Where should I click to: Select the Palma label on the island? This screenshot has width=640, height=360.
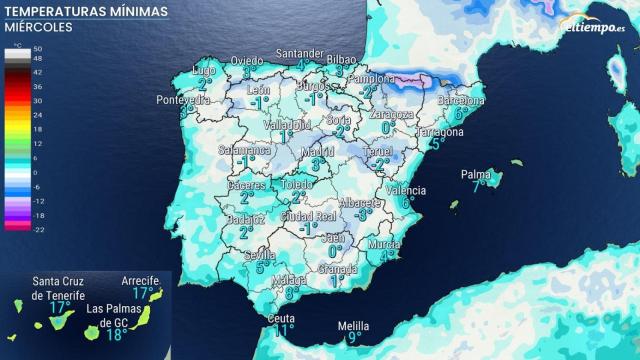click(475, 174)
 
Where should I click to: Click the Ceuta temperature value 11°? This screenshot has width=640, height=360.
click(284, 330)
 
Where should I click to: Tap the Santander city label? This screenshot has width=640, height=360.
click(300, 53)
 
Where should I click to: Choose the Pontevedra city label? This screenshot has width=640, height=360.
click(183, 100)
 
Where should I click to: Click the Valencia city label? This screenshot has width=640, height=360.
click(405, 190)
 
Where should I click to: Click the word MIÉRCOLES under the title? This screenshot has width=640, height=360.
click(38, 27)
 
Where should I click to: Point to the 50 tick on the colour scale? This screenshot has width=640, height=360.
click(37, 48)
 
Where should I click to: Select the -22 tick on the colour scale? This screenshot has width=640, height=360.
click(37, 229)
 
